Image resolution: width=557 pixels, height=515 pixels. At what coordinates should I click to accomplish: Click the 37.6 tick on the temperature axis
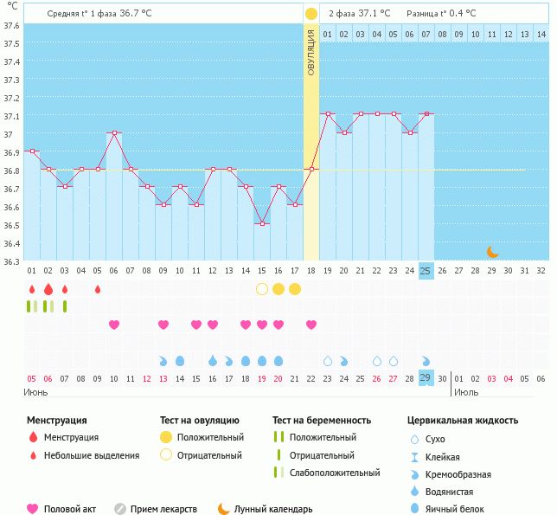pos(11,24)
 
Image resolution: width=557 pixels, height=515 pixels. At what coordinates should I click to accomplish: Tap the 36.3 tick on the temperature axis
pos(11,260)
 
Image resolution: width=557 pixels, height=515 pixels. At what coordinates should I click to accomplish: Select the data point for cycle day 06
pos(113,132)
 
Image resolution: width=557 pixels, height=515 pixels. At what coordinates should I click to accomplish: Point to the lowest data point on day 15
pos(261,223)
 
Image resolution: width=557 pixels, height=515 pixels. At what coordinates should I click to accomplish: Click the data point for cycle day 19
pos(327,113)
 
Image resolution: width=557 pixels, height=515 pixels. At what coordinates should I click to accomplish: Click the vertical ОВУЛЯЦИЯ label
pos(311,52)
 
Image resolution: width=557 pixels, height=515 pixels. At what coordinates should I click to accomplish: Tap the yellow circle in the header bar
pos(311,14)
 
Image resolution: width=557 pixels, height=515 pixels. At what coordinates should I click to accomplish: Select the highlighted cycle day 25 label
pos(426,271)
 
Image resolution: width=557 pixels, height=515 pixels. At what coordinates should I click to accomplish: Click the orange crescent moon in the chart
pos(492,252)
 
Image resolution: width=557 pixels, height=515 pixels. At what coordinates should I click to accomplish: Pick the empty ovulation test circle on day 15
pos(261,288)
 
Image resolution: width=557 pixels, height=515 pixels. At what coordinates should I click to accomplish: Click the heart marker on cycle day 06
pos(113,325)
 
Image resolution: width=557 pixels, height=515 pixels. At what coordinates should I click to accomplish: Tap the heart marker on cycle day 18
pos(311,325)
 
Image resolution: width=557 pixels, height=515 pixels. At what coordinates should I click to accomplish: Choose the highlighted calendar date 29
pos(426,378)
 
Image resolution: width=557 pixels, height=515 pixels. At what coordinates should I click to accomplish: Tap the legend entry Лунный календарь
pos(273,510)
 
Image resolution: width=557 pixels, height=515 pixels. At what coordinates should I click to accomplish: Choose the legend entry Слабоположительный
pos(336,473)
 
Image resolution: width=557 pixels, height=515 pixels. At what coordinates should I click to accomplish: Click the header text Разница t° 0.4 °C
pos(442,14)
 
